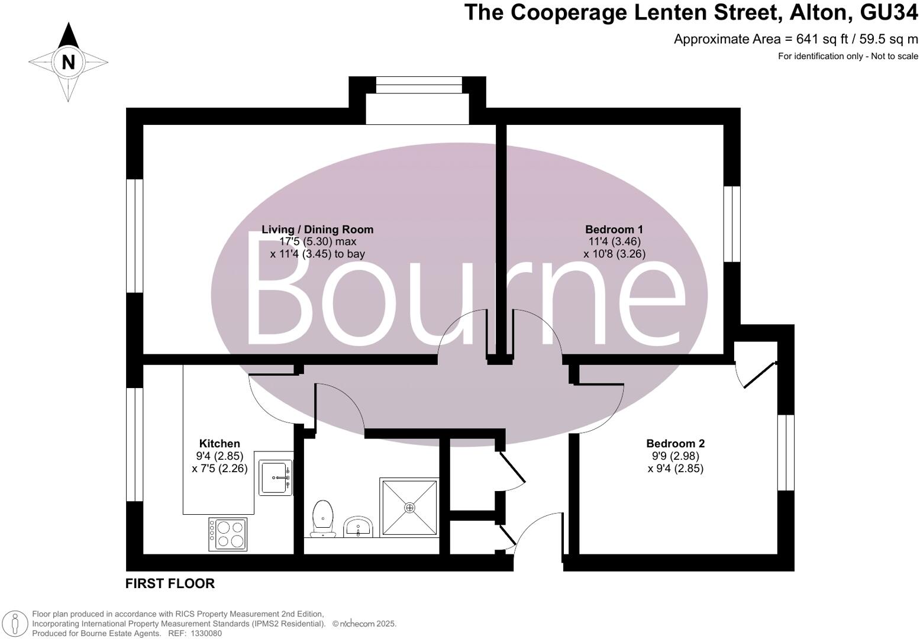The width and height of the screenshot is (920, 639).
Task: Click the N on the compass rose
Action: [x=68, y=62]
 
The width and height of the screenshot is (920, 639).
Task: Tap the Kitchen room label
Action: [x=219, y=444]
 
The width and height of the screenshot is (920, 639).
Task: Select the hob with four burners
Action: [x=228, y=533]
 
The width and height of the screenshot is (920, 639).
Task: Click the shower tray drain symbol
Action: [x=409, y=508]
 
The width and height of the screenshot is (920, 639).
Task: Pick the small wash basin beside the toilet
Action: [x=358, y=527]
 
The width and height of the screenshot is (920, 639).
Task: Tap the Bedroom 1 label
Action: [x=614, y=230]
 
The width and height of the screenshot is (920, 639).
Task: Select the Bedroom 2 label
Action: [x=675, y=444]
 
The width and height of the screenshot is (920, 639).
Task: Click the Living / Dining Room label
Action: [x=317, y=230]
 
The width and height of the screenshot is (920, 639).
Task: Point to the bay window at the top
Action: [x=418, y=85]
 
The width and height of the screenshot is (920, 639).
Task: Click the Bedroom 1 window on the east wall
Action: [x=732, y=223]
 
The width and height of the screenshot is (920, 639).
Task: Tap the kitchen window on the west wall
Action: [x=135, y=444]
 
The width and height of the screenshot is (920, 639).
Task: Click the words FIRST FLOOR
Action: [x=170, y=584]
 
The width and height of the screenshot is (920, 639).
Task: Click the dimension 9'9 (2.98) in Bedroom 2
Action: [x=675, y=456]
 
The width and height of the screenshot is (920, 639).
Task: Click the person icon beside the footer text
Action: [x=17, y=624]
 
